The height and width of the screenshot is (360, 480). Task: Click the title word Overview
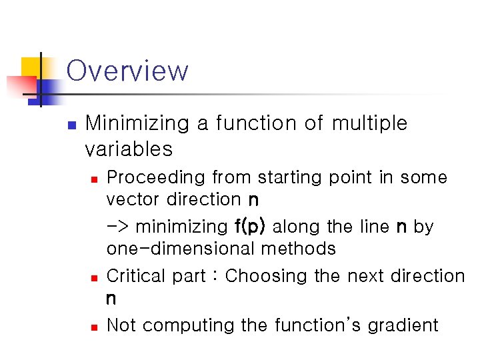(x=127, y=71)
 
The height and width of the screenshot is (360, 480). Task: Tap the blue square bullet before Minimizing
(x=71, y=125)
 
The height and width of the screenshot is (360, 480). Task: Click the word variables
(x=129, y=149)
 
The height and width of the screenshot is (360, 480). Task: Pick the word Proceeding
(x=156, y=177)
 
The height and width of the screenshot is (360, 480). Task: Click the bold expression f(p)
(x=250, y=227)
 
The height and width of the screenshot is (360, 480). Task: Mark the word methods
(x=299, y=249)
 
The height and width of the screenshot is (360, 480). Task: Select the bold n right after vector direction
(x=253, y=200)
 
